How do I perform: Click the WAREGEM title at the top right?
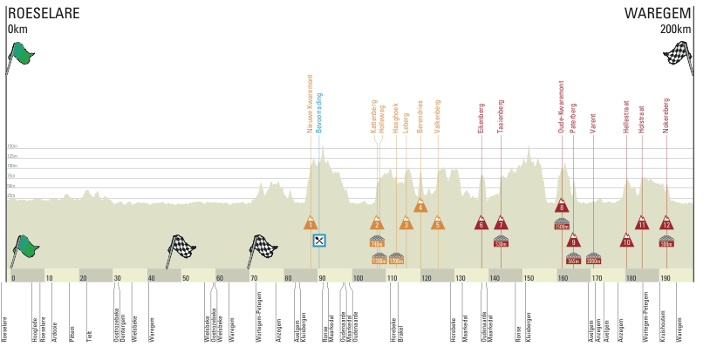pos(658,13)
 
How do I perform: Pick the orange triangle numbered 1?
pos(311,223)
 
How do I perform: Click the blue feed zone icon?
pos(320,240)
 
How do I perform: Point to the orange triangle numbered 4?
pos(420,207)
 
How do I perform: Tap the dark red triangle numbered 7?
pos(500,223)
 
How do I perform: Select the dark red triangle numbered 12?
pos(666,223)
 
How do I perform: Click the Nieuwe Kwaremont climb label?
pos(310,103)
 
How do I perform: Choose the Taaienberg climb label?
pos(501,115)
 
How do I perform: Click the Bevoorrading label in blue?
pos(320,112)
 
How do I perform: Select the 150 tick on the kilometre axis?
pos(529,278)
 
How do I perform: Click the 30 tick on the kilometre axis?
pos(117,278)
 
